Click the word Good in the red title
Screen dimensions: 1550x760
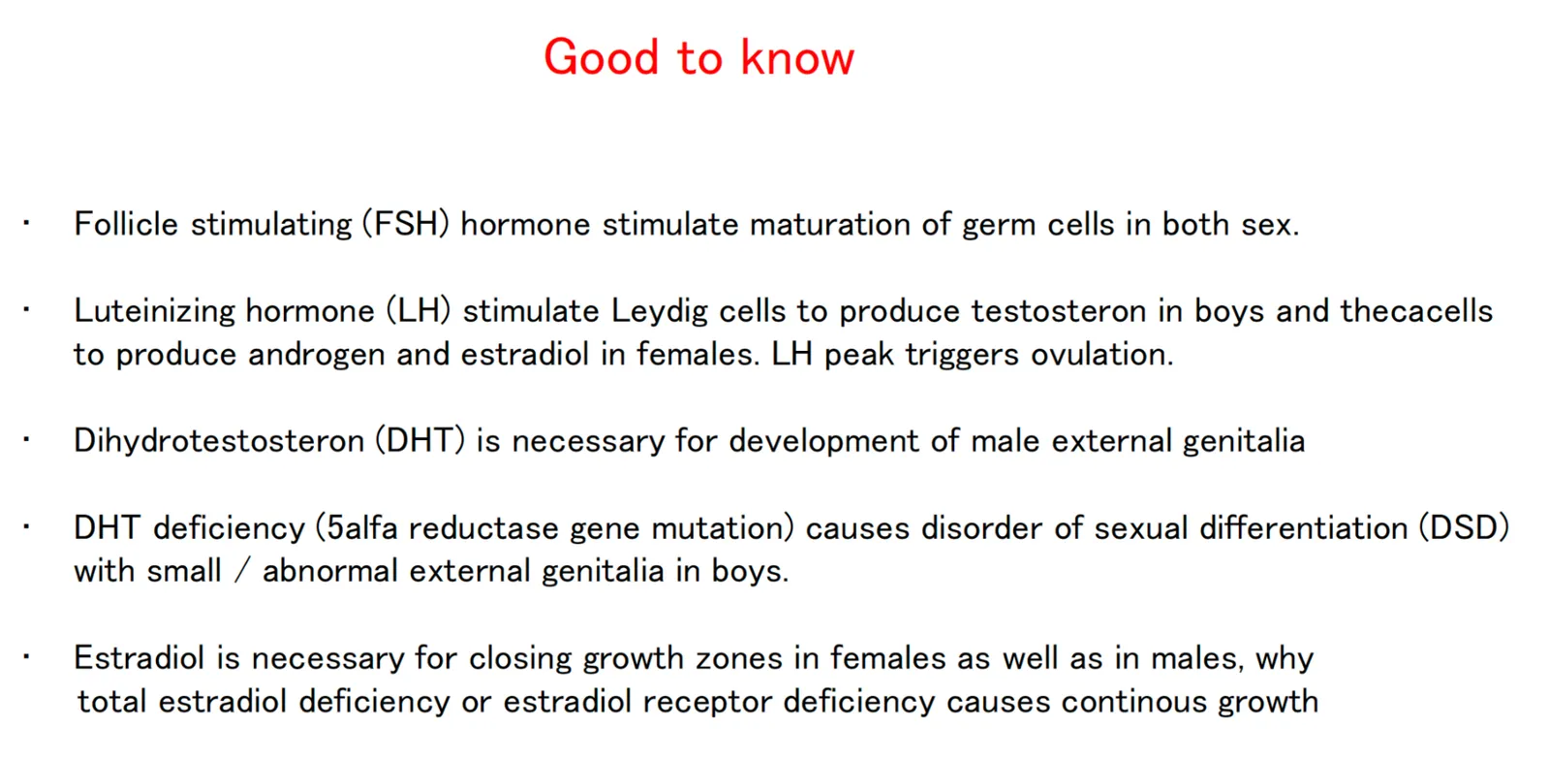coord(601,57)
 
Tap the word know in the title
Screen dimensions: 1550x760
coord(798,57)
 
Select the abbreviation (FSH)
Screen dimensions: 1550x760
coord(406,224)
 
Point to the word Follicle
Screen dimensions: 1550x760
coord(126,224)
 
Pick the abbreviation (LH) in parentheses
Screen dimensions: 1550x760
coord(418,311)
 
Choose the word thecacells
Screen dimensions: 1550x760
coord(1416,311)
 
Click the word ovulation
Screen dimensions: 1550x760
coord(1102,355)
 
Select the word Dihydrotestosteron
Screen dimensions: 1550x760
coord(219,441)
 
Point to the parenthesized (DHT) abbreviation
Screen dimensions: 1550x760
coord(420,441)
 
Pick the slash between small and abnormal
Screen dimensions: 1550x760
coord(241,572)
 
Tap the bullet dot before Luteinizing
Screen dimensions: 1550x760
coord(26,309)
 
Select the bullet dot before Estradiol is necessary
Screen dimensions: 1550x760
coord(26,656)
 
